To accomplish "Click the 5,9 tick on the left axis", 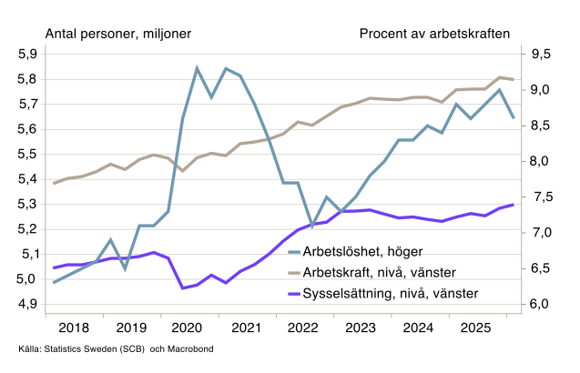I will click(27, 54).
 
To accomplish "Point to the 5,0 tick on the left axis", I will click(27, 278).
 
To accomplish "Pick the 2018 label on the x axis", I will click(74, 328).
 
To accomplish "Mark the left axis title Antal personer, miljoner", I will click(118, 34).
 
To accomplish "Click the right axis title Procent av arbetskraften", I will click(434, 34).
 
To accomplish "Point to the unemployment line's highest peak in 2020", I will click(198, 67).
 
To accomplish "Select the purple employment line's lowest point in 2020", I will click(183, 288).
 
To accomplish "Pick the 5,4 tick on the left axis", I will click(27, 178).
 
